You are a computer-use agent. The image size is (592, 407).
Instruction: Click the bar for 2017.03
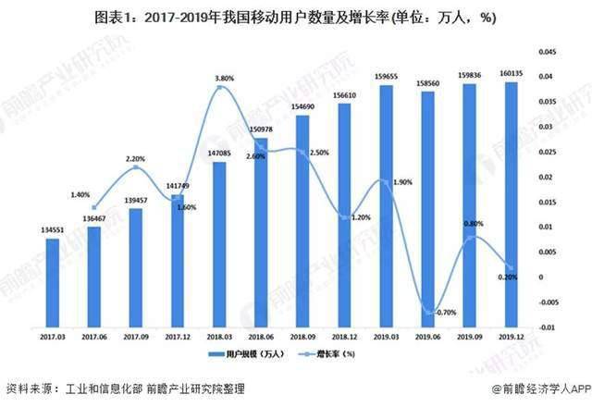[53, 282]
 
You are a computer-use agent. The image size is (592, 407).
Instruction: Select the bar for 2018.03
[219, 244]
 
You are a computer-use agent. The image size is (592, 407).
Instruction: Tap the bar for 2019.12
[511, 203]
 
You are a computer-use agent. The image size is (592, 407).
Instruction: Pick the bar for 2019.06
[427, 208]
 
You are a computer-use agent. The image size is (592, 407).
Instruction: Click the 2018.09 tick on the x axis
[302, 339]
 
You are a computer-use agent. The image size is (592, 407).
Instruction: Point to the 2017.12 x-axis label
[178, 339]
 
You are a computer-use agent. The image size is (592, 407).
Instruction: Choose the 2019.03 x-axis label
[386, 339]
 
